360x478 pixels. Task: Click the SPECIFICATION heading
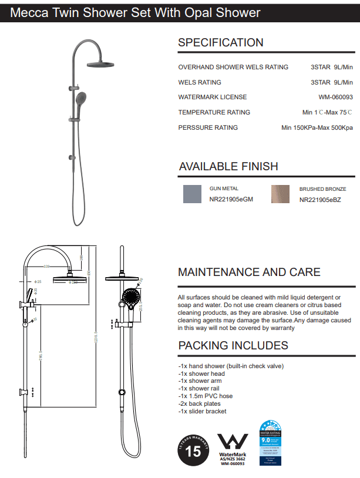(220, 42)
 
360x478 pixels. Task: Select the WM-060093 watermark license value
(336, 97)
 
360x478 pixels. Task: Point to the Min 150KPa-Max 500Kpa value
(317, 127)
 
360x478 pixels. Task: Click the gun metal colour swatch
(193, 194)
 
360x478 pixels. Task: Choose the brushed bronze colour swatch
(281, 194)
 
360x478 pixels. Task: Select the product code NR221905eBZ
(320, 200)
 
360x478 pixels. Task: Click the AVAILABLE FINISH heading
(228, 166)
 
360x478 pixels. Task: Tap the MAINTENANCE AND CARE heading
(249, 272)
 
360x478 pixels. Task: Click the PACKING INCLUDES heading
(233, 345)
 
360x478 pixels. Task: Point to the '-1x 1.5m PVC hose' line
(206, 396)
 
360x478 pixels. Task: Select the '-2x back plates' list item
(201, 403)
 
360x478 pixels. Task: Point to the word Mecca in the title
(28, 12)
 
